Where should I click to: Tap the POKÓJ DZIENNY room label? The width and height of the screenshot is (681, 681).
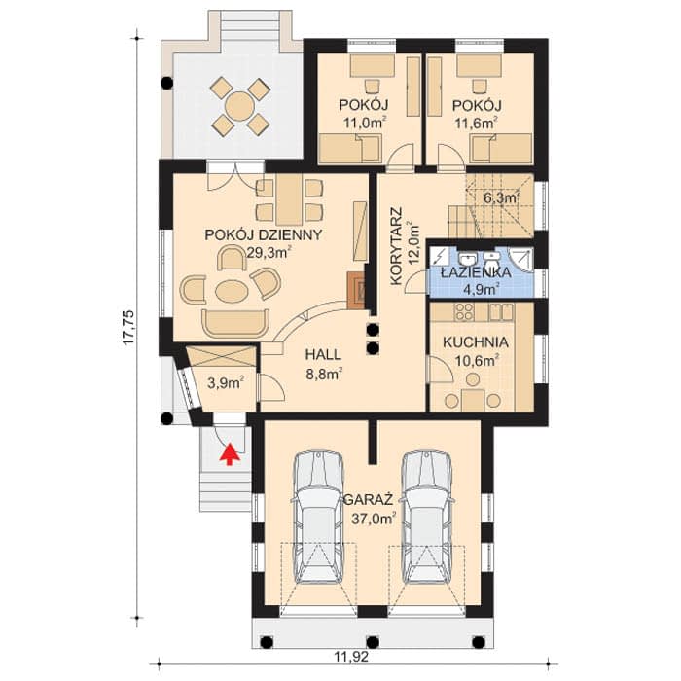tap(264, 235)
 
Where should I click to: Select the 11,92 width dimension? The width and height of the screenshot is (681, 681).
tap(351, 657)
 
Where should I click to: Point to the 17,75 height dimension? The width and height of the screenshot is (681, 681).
tap(129, 328)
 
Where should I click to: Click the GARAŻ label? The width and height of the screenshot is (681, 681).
tap(369, 500)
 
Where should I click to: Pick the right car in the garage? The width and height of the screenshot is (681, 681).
tap(426, 517)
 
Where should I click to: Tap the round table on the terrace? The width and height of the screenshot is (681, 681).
tap(239, 105)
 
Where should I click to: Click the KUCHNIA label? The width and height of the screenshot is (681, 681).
tap(476, 342)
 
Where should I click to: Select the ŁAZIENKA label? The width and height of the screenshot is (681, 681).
tap(476, 272)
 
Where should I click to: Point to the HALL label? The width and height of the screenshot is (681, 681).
tap(323, 354)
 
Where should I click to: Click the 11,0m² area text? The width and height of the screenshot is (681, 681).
tap(365, 123)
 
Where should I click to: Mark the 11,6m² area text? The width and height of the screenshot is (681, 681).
tap(476, 123)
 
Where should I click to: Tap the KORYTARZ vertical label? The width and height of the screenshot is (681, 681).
tap(397, 246)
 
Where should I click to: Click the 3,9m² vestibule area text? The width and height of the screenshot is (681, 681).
tap(225, 382)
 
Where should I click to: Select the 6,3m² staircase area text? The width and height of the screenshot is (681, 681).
tap(502, 198)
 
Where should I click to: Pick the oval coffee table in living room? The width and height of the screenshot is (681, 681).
tap(232, 291)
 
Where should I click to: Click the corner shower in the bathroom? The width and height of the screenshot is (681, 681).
tap(520, 259)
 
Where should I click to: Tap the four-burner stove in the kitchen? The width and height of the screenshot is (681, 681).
tap(464, 311)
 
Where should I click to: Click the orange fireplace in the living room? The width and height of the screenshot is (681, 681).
tap(356, 291)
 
